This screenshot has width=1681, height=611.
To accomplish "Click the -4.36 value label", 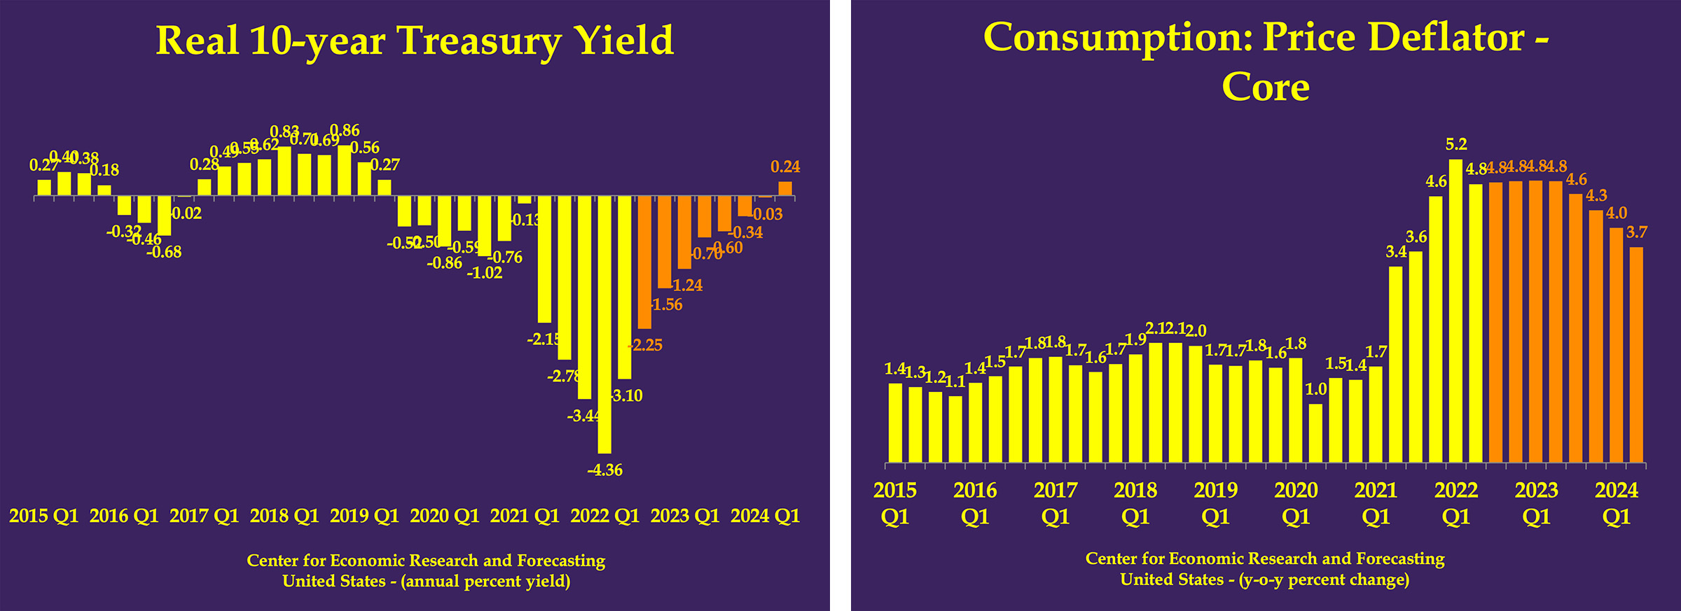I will point(605,470).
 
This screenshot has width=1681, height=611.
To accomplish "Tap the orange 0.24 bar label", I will point(785,167).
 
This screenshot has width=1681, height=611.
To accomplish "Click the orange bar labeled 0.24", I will point(785,189).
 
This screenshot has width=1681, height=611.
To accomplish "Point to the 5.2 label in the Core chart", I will point(1456,144).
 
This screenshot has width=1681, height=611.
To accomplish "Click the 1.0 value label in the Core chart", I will point(1316,389).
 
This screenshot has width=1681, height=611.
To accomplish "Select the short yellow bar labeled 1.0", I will point(1316,433).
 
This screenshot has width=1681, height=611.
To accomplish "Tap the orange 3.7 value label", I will point(1637,232).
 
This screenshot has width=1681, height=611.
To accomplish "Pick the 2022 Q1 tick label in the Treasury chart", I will point(605,516).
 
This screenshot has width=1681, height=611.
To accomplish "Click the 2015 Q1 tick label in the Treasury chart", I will point(43,516).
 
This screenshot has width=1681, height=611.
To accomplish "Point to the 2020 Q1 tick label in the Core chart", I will point(1296,503).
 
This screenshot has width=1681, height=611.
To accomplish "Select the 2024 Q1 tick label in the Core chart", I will point(1617,503).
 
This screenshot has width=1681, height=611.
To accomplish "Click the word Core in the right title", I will point(1266,87).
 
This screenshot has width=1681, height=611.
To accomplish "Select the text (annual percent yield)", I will point(485,582).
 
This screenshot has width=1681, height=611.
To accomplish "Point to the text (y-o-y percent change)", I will point(1324,580).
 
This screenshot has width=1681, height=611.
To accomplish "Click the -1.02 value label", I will point(485,273).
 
